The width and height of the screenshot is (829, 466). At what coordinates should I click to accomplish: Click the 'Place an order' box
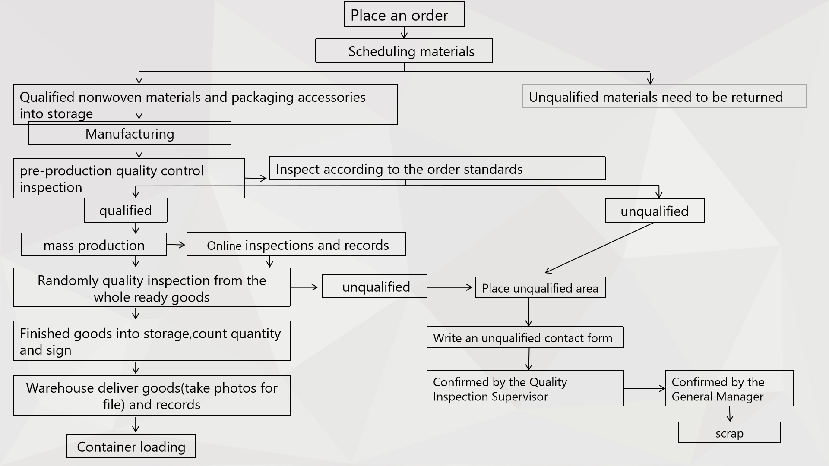click(404, 15)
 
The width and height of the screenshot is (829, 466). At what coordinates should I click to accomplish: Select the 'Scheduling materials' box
click(404, 51)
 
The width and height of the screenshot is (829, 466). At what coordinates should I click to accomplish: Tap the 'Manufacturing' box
click(130, 134)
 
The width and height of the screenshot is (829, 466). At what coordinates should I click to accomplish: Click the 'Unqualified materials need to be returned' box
click(664, 97)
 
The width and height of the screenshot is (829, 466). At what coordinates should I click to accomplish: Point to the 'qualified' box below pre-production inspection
click(126, 211)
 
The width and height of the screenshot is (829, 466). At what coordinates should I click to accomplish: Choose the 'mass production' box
click(94, 245)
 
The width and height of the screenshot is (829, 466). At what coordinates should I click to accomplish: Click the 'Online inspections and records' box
click(296, 245)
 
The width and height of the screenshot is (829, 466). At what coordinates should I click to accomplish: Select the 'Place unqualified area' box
click(540, 288)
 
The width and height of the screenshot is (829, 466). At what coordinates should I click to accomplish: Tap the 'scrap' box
click(729, 433)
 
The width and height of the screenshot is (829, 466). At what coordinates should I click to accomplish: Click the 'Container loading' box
click(131, 447)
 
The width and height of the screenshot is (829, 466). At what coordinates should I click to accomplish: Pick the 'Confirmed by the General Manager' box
click(729, 389)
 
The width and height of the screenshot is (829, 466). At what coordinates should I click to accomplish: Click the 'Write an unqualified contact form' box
click(525, 337)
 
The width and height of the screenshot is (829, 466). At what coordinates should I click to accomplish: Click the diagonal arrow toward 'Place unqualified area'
click(600, 247)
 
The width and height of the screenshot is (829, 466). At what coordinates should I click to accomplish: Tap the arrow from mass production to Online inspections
click(176, 245)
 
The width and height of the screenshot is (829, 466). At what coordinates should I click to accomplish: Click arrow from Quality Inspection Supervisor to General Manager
click(644, 388)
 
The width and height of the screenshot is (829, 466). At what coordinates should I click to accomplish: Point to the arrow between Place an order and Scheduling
click(404, 33)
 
